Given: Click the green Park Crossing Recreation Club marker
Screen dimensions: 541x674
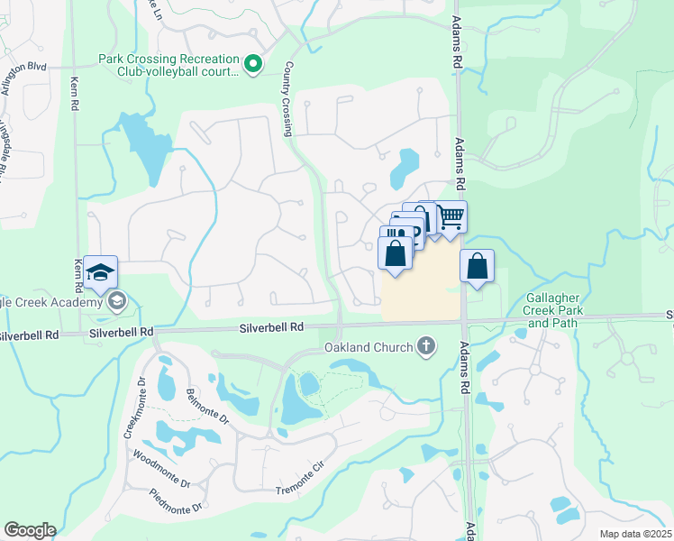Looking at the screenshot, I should pyautogui.click(x=253, y=62).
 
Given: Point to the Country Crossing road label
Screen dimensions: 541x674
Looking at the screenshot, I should pyautogui.click(x=288, y=99).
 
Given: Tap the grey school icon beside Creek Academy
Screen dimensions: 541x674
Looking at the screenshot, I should pyautogui.click(x=115, y=301).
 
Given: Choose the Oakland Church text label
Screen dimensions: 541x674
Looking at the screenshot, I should pyautogui.click(x=369, y=348).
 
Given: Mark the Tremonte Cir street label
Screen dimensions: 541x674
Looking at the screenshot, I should pyautogui.click(x=298, y=480).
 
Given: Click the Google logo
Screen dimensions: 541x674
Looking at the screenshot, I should pyautogui.click(x=30, y=530).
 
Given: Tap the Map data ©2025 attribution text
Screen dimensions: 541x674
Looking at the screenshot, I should pyautogui.click(x=634, y=534).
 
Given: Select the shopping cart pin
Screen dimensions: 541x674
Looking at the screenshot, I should pyautogui.click(x=451, y=217).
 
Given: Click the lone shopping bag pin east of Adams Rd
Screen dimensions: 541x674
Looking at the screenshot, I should pyautogui.click(x=478, y=267).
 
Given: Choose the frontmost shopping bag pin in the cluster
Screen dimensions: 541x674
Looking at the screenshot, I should pyautogui.click(x=396, y=252).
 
